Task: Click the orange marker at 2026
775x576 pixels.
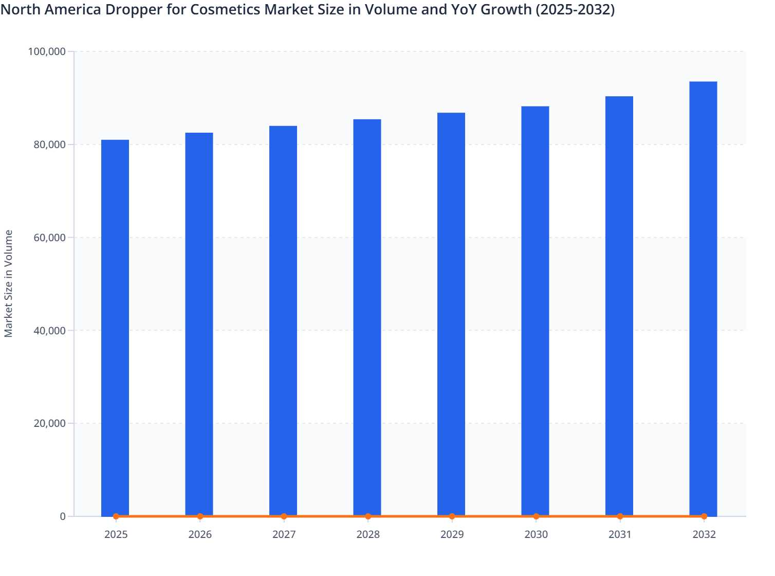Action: tap(200, 516)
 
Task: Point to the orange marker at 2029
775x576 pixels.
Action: tap(452, 516)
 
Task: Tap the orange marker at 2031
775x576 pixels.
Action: tap(620, 516)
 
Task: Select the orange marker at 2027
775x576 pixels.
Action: tap(284, 516)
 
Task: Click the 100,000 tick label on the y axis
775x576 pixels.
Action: tap(47, 51)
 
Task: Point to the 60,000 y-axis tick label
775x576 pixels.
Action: tap(49, 238)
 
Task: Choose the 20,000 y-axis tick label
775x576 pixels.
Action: tap(49, 423)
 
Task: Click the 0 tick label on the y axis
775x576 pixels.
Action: tap(63, 516)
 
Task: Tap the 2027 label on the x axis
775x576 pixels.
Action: tap(284, 535)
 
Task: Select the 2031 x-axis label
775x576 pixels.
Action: tap(620, 535)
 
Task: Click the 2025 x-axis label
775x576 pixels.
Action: tap(116, 535)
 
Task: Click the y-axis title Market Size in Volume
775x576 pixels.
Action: tap(8, 284)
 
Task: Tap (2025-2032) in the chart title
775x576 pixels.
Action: tap(575, 9)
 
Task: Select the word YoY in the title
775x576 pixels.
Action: tap(464, 9)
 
